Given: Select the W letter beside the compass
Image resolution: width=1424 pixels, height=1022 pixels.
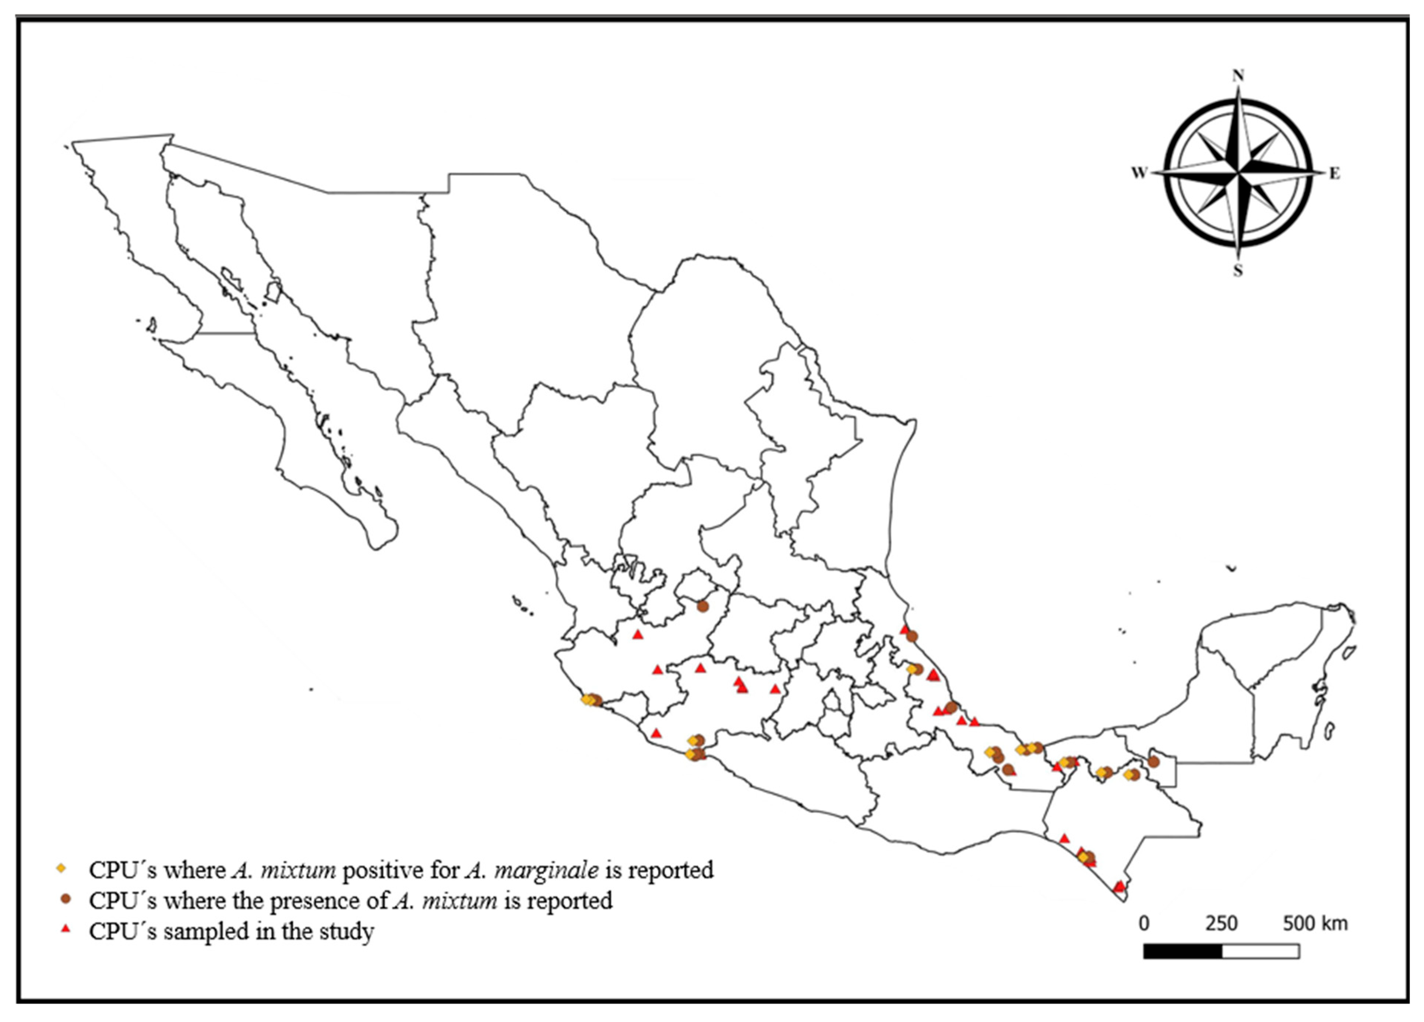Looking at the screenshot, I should pyautogui.click(x=1139, y=173).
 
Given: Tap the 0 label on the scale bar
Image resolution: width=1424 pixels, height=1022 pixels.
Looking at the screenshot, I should pyautogui.click(x=1144, y=923).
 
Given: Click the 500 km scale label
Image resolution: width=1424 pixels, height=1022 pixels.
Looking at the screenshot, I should pyautogui.click(x=1315, y=923).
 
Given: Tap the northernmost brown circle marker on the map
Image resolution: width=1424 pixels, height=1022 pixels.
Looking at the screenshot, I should pyautogui.click(x=702, y=607).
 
